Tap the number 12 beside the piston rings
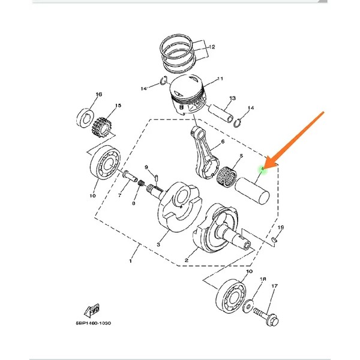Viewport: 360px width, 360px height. (x=212, y=46)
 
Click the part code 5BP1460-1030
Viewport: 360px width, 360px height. (x=93, y=323)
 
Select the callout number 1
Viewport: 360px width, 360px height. (x=131, y=261)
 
